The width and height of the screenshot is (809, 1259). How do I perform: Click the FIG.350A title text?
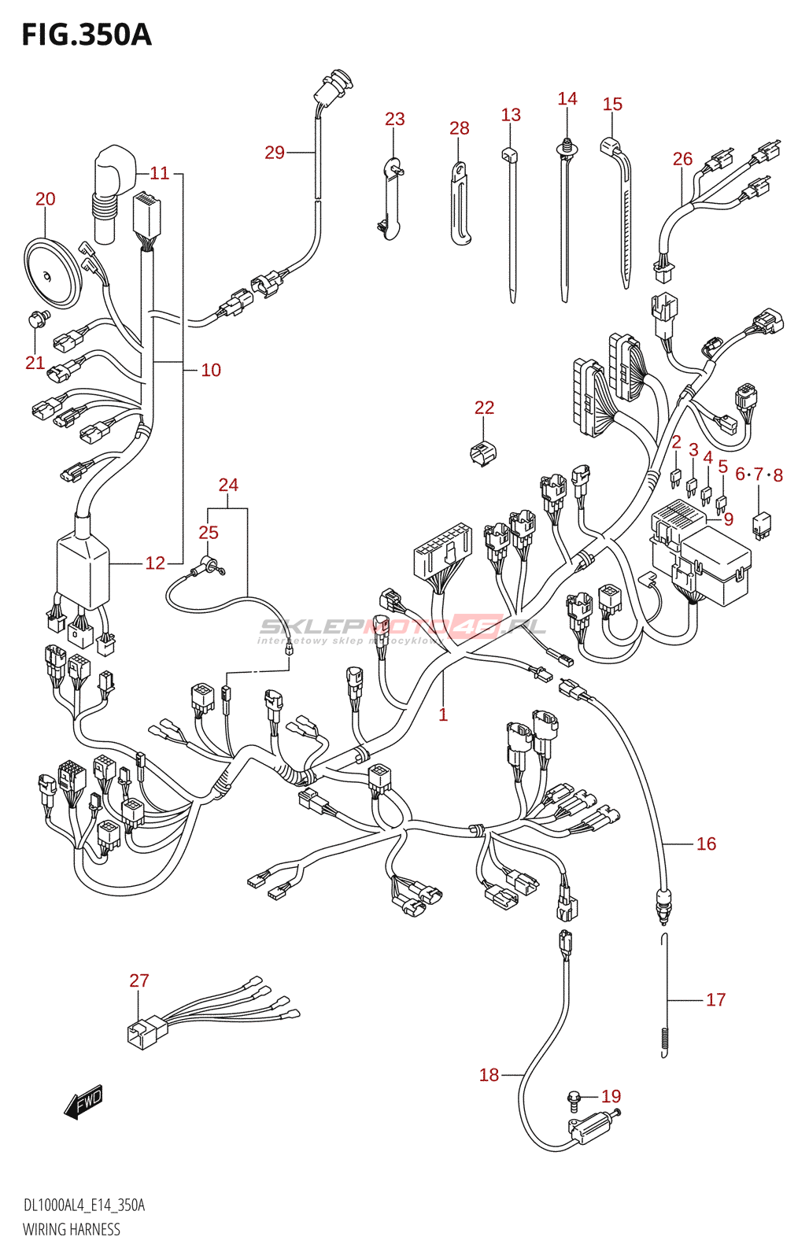tap(86, 35)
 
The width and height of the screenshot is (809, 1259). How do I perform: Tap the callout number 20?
tap(46, 199)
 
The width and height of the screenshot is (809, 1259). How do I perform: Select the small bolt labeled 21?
tap(36, 318)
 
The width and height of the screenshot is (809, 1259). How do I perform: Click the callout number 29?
tap(274, 153)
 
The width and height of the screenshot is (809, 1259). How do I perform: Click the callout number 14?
tap(567, 99)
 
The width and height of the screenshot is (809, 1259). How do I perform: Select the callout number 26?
tap(682, 159)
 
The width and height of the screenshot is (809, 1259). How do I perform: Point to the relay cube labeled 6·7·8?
tap(761, 523)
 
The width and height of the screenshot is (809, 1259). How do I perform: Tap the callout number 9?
tap(729, 519)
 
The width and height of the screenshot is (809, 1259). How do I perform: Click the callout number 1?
tap(443, 714)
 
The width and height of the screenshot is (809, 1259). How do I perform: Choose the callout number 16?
tap(706, 844)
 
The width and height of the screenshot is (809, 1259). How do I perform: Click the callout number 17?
tap(715, 1000)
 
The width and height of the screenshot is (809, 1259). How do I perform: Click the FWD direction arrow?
tap(83, 1102)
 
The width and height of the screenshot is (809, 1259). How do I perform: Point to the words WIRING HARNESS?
tap(72, 1230)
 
